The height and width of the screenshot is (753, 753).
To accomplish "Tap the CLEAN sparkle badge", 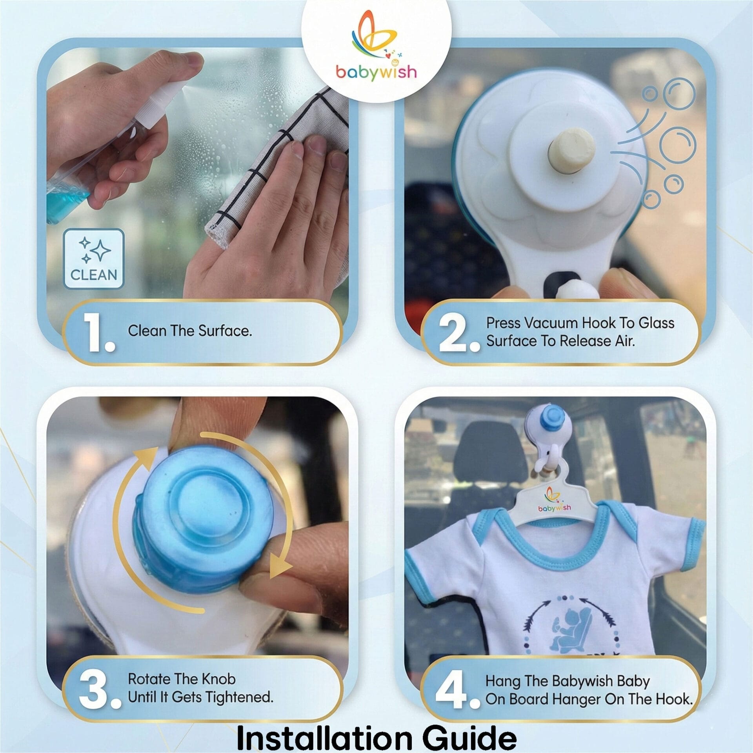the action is [94, 259].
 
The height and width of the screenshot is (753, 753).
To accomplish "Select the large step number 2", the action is [459, 333].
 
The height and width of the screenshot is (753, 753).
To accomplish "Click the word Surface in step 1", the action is [225, 331].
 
